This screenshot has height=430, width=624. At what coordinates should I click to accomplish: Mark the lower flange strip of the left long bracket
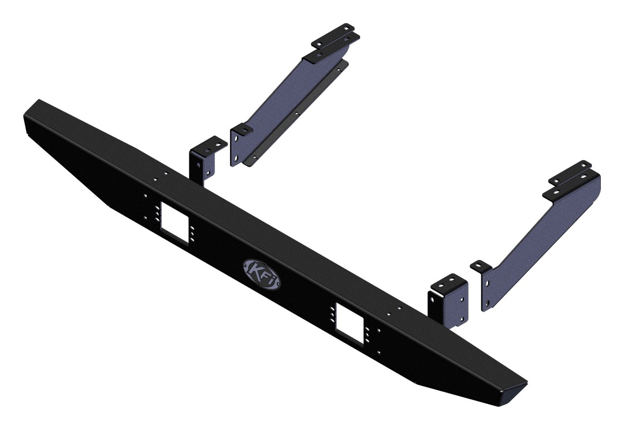pos(300,116)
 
